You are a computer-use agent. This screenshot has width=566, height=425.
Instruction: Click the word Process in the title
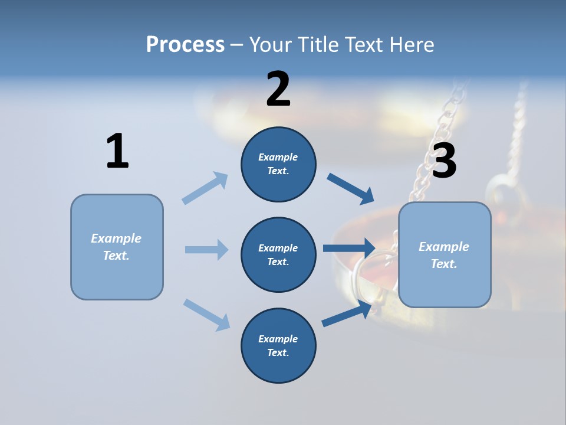coord(185,44)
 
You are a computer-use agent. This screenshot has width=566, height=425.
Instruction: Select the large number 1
coord(117,151)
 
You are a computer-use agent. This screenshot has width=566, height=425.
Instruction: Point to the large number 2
coord(278,89)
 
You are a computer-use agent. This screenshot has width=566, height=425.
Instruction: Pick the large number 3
coord(444,161)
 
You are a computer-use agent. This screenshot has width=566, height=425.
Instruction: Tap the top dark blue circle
coord(278,164)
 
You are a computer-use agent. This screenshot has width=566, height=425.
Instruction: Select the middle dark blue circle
coord(278,254)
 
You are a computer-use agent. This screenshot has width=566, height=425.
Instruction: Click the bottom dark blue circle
coord(278,345)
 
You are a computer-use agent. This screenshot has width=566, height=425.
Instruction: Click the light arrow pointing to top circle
coord(205,188)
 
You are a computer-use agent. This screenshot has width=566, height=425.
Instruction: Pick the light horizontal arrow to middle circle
coord(206,250)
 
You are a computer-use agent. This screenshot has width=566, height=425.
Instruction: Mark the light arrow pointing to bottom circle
coord(206,315)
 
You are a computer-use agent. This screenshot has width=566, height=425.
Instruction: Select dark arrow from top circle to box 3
coord(351,189)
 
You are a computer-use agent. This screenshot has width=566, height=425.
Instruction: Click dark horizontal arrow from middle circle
coord(349,249)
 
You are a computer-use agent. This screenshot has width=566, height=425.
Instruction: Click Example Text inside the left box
coord(116,247)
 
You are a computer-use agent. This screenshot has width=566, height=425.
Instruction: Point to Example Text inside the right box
coord(444,255)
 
